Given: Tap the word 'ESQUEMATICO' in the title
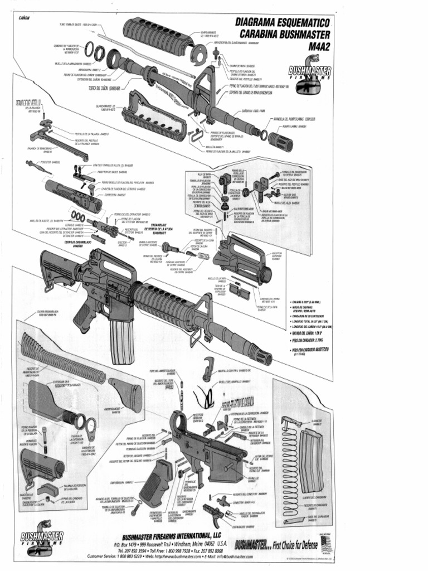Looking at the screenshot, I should pyautogui.click(x=301, y=22).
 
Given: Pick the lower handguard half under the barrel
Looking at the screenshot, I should pyautogui.click(x=153, y=115).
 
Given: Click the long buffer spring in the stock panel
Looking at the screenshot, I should pyautogui.click(x=61, y=357).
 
